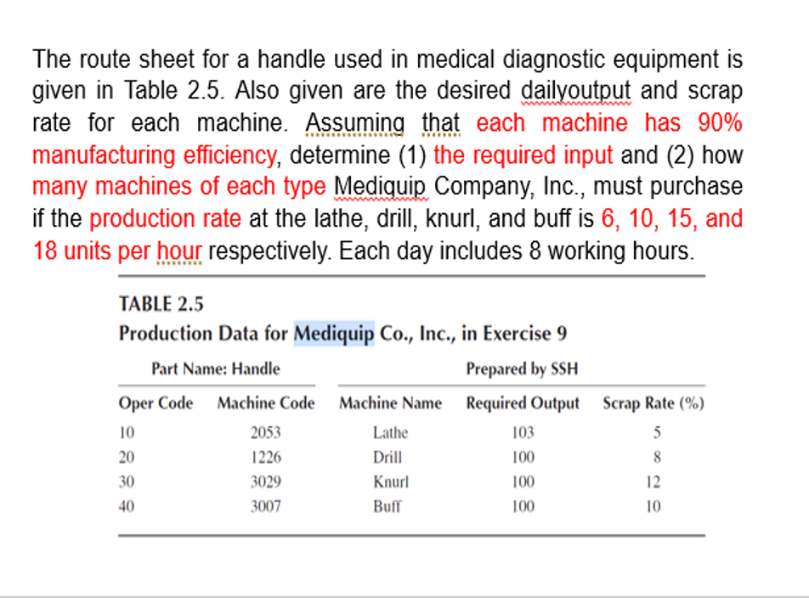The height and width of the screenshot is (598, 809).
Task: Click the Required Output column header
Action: click(x=522, y=403)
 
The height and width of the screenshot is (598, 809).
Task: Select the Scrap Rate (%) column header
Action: click(x=653, y=403)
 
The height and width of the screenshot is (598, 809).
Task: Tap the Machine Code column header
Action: click(x=265, y=403)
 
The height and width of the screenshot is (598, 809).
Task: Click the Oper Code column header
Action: click(x=156, y=403)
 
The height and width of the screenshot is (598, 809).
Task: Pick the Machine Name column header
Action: click(x=390, y=403)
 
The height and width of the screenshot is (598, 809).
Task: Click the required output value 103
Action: click(x=523, y=432)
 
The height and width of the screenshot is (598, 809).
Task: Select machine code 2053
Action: click(x=265, y=432)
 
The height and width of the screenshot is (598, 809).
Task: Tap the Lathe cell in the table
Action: click(x=390, y=432)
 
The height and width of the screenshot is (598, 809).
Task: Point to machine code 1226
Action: click(x=265, y=457)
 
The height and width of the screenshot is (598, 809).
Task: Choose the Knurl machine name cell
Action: click(x=390, y=482)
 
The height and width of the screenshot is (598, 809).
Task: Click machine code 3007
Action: click(x=265, y=506)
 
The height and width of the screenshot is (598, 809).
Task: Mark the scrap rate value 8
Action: click(x=656, y=457)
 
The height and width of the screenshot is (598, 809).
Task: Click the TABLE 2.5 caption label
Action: click(x=161, y=303)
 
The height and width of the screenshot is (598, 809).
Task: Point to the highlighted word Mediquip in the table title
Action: click(x=334, y=333)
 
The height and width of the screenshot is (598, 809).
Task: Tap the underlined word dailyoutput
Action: click(x=577, y=91)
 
